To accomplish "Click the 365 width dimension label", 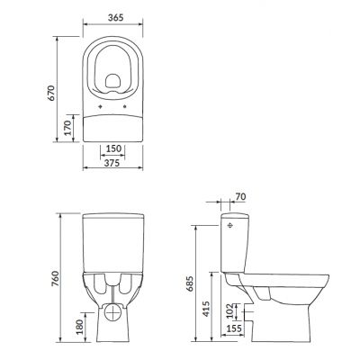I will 114,16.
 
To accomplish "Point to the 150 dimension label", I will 114,148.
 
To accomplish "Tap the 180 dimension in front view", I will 80,325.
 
